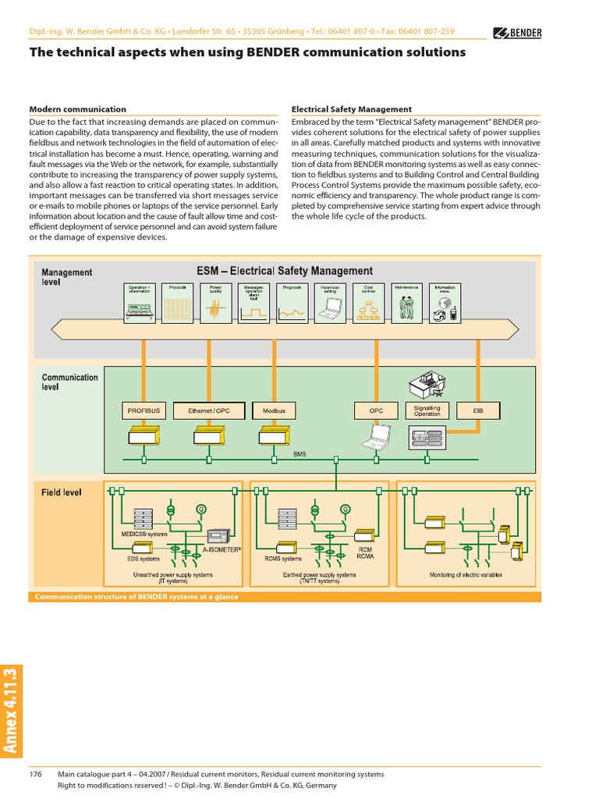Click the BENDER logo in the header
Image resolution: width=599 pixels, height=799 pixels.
(518, 33)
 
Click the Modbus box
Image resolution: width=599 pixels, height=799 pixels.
(274, 410)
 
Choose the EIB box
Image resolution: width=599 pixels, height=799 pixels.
(478, 410)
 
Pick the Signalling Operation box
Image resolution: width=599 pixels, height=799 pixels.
(427, 410)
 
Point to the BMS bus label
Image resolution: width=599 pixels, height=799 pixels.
(299, 453)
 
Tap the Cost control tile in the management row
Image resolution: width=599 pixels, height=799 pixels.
(369, 302)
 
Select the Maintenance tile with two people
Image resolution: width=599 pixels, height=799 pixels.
(406, 302)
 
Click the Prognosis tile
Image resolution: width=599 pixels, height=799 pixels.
(292, 302)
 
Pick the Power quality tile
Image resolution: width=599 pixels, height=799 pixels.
(215, 302)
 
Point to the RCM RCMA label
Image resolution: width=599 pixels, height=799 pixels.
(365, 552)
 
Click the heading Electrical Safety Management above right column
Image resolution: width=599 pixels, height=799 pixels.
(351, 109)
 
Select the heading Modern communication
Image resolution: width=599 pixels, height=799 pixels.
(77, 109)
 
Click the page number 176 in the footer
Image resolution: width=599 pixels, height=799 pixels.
(35, 774)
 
